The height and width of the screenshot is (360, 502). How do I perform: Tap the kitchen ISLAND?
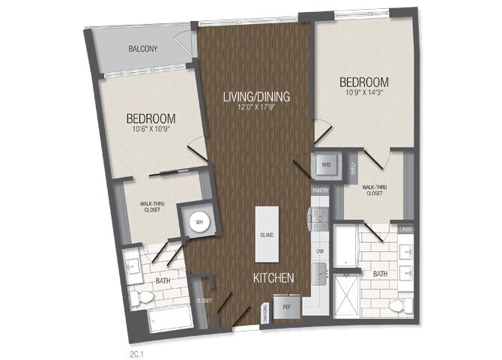267,234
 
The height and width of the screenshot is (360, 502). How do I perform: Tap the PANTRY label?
321,191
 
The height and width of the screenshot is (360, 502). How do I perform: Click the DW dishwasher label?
320,251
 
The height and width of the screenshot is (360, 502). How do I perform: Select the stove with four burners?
320,219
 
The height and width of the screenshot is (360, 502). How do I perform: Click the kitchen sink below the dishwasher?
320,271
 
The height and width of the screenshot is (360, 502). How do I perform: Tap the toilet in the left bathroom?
141,298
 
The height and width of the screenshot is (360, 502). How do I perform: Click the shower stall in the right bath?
348,293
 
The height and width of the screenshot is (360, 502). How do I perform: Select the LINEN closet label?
405,229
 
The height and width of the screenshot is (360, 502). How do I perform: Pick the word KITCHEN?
272,277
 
